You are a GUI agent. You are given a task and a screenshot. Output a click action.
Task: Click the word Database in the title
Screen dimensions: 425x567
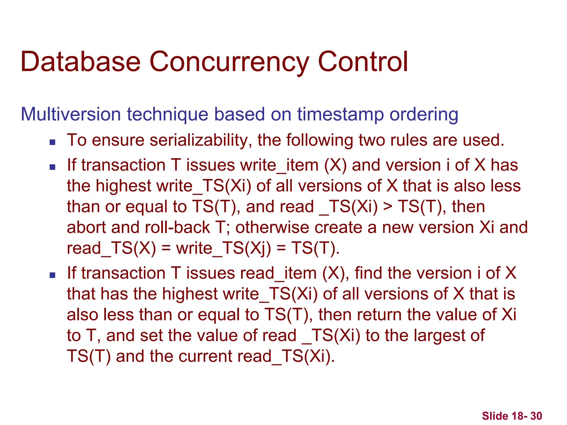click(81, 62)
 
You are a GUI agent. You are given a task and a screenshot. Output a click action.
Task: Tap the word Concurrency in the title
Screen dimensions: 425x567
click(229, 62)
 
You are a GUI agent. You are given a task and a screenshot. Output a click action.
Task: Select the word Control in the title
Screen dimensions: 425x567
click(363, 62)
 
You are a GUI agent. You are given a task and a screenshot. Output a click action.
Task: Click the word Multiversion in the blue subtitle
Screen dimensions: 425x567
click(71, 114)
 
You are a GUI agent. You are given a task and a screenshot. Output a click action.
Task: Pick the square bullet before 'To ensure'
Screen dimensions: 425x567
click(52, 142)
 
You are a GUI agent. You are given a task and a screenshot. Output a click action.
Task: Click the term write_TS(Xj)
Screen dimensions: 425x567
click(224, 248)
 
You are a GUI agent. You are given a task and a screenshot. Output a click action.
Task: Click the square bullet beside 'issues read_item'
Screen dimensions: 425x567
click(52, 275)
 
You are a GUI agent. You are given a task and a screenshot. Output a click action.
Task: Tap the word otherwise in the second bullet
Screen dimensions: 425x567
click(272, 227)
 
